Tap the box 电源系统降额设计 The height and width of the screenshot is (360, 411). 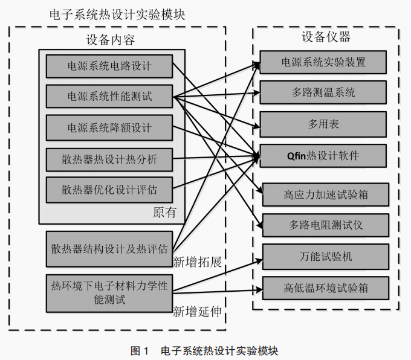[x=109, y=128]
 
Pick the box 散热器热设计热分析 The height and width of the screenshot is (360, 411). [x=109, y=159]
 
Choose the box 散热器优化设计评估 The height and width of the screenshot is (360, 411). [x=109, y=190]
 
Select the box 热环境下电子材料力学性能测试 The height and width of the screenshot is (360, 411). [x=109, y=292]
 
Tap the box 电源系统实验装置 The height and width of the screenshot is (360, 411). [x=323, y=62]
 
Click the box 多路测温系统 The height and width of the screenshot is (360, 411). [x=323, y=92]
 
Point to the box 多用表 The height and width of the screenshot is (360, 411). [x=323, y=124]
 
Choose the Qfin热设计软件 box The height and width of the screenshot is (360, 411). [x=323, y=155]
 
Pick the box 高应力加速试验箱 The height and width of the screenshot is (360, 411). [x=326, y=194]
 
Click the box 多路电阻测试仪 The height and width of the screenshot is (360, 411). [x=326, y=225]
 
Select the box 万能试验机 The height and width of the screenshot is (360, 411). [x=326, y=257]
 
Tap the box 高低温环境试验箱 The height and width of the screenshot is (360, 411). [x=326, y=288]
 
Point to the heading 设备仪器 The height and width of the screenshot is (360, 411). [x=326, y=36]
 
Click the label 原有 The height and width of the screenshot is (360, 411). [x=164, y=213]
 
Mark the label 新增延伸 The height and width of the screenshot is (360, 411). [x=197, y=312]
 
